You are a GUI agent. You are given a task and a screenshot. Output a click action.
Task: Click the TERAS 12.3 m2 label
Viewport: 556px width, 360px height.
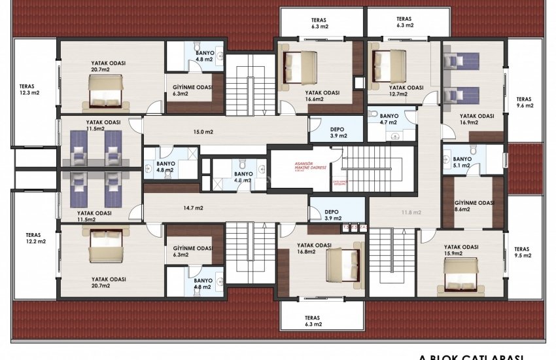(29, 89)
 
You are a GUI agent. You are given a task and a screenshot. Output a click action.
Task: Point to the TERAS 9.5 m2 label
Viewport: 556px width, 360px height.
(521, 253)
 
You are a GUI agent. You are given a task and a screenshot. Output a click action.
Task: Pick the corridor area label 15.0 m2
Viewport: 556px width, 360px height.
(203, 132)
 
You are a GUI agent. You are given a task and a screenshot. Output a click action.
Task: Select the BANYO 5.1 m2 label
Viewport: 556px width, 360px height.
(462, 162)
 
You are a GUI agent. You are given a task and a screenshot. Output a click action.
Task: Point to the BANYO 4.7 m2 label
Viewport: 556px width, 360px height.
(391, 118)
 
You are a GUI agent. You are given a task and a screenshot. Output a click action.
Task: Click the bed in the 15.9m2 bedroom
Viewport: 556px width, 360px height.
(460, 274)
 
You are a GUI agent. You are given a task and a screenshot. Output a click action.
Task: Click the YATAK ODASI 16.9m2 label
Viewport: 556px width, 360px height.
(476, 118)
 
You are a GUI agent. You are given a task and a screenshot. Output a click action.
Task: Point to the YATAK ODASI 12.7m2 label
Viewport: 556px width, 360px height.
(406, 90)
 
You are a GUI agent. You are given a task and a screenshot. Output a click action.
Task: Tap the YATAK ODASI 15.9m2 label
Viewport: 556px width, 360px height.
(462, 250)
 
